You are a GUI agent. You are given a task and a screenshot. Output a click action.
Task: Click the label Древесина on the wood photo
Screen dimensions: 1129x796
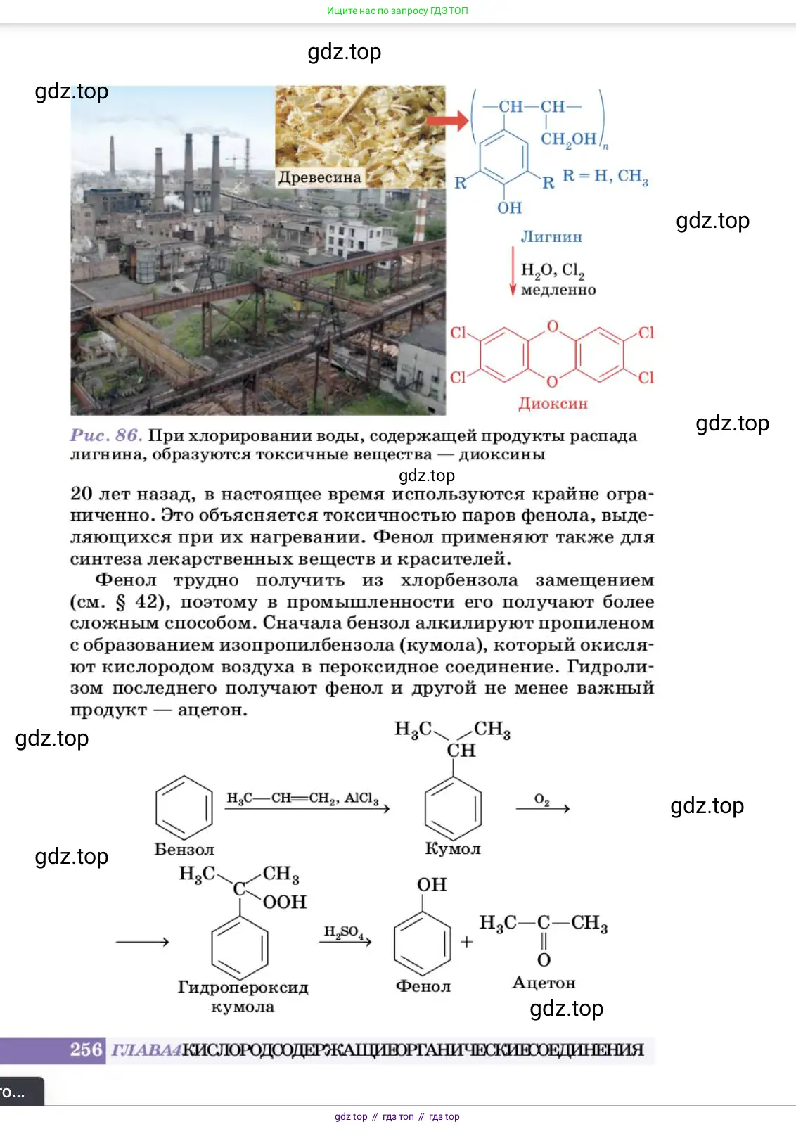[319, 177]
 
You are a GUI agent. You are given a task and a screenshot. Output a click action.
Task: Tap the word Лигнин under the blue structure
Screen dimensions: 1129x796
[551, 237]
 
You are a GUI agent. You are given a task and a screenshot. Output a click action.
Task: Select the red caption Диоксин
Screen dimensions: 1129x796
[553, 404]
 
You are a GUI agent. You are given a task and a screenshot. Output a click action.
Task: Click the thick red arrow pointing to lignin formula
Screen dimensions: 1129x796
[448, 120]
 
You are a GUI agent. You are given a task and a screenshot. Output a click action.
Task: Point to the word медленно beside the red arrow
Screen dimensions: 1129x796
[558, 290]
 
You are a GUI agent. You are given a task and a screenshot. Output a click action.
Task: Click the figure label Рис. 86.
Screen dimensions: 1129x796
[105, 435]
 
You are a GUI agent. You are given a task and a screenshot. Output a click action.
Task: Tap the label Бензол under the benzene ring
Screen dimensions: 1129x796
[184, 850]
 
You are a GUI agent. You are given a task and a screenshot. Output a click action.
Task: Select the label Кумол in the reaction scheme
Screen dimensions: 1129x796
[453, 849]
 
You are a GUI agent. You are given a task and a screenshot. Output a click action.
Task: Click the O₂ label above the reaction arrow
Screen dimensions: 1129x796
[541, 799]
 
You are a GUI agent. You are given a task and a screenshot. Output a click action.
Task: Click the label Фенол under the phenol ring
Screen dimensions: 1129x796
[423, 986]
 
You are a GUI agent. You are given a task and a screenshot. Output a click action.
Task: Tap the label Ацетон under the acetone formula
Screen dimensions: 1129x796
[544, 983]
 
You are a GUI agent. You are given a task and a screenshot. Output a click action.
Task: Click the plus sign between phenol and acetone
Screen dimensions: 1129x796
[466, 942]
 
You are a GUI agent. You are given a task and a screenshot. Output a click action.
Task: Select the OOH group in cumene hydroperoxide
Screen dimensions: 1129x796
[285, 902]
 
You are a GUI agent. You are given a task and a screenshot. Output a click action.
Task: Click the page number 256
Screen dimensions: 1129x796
[86, 1050]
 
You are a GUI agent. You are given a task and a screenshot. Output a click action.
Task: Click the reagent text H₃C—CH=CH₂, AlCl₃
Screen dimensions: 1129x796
[302, 798]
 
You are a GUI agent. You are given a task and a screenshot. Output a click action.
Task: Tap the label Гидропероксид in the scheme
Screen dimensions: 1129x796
[243, 987]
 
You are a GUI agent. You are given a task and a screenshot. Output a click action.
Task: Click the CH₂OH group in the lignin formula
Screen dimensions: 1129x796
[569, 139]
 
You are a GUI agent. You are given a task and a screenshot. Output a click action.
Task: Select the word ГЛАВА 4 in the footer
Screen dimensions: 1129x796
[146, 1050]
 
